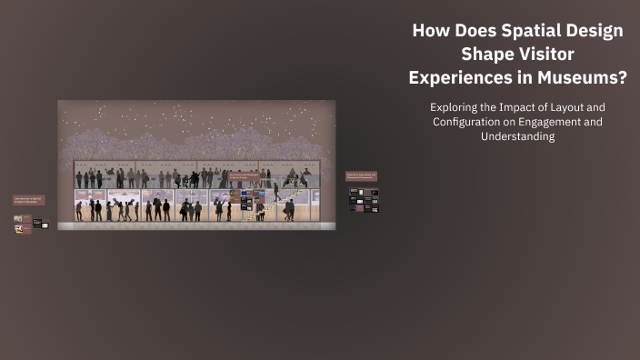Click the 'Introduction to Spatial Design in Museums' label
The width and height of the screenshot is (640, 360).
(x=28, y=199)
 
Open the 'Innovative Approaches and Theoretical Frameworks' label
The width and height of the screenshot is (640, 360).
(x=361, y=175)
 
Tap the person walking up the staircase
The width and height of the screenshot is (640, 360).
(x=277, y=192)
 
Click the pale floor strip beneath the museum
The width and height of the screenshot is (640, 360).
(x=196, y=225)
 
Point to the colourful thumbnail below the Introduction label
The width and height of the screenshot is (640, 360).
(x=18, y=219)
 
